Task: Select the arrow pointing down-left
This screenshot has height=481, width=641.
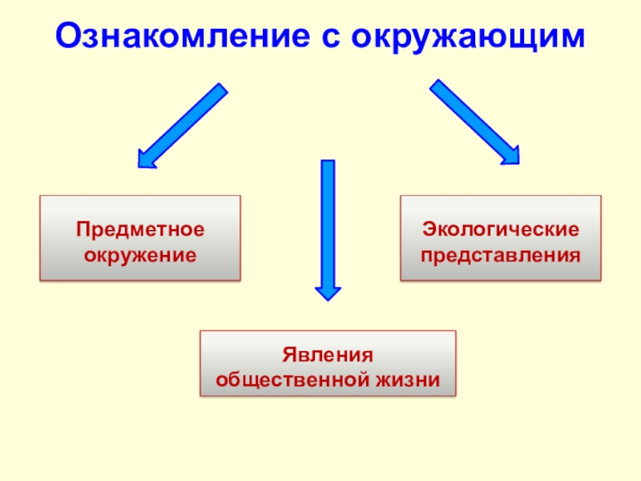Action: tap(183, 124)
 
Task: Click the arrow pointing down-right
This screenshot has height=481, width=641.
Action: tap(474, 122)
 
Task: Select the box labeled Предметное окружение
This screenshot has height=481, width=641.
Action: tap(140, 238)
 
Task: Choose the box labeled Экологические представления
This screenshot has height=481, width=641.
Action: tap(501, 238)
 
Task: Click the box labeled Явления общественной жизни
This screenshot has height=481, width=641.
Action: tap(328, 364)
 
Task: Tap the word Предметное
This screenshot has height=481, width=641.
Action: tap(140, 229)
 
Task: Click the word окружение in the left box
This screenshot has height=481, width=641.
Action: tap(140, 256)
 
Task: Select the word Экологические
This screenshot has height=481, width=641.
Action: tap(501, 229)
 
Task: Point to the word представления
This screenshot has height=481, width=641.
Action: tap(501, 256)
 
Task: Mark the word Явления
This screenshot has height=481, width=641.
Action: tap(328, 354)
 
